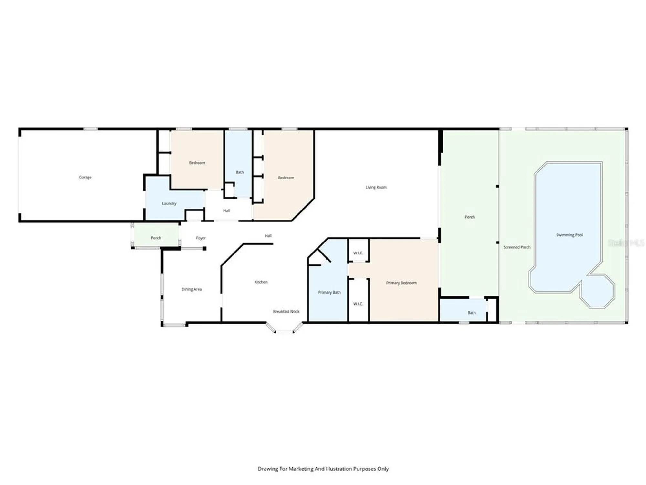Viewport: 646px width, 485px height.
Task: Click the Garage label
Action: pos(85,177)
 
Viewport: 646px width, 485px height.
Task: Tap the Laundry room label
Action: pos(169,203)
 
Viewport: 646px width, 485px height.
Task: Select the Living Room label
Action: pos(376,187)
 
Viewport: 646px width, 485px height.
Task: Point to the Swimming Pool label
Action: pos(569,235)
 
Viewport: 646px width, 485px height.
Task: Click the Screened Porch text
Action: pos(517,247)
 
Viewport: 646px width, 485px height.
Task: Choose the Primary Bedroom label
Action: pos(401,283)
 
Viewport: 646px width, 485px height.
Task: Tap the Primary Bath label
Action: pos(329,292)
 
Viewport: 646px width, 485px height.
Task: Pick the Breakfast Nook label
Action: pos(286,311)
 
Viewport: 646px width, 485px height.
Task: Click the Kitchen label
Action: pos(261,282)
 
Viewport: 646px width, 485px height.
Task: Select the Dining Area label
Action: pos(191,289)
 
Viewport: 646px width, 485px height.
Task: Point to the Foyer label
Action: pos(201,238)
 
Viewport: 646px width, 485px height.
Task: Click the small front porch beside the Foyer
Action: pos(156,238)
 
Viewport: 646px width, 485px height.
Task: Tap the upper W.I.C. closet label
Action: pos(358,253)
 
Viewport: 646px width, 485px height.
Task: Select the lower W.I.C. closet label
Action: pos(358,304)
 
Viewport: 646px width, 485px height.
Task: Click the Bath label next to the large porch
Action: pos(471,313)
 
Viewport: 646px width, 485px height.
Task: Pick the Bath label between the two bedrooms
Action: pos(239,172)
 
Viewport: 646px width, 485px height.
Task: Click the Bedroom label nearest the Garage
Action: pos(197,163)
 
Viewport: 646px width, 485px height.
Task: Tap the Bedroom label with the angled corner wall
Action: pos(286,178)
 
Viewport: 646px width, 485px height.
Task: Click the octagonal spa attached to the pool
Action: pos(598,291)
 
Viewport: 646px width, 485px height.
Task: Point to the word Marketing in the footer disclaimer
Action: pos(301,469)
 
